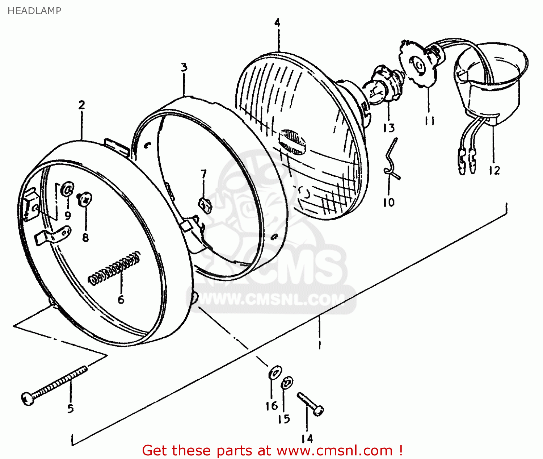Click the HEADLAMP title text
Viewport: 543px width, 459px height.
34,11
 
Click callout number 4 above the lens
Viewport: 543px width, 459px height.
277,23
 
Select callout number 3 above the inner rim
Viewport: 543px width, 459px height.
184,67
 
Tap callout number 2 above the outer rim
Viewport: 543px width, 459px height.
82,105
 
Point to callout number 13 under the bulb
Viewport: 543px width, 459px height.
389,128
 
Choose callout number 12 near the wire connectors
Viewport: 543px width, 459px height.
494,170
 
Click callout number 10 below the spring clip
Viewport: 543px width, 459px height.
389,202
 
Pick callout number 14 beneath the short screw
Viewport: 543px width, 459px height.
307,439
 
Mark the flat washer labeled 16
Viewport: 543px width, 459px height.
275,372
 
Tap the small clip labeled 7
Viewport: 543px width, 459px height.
205,204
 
